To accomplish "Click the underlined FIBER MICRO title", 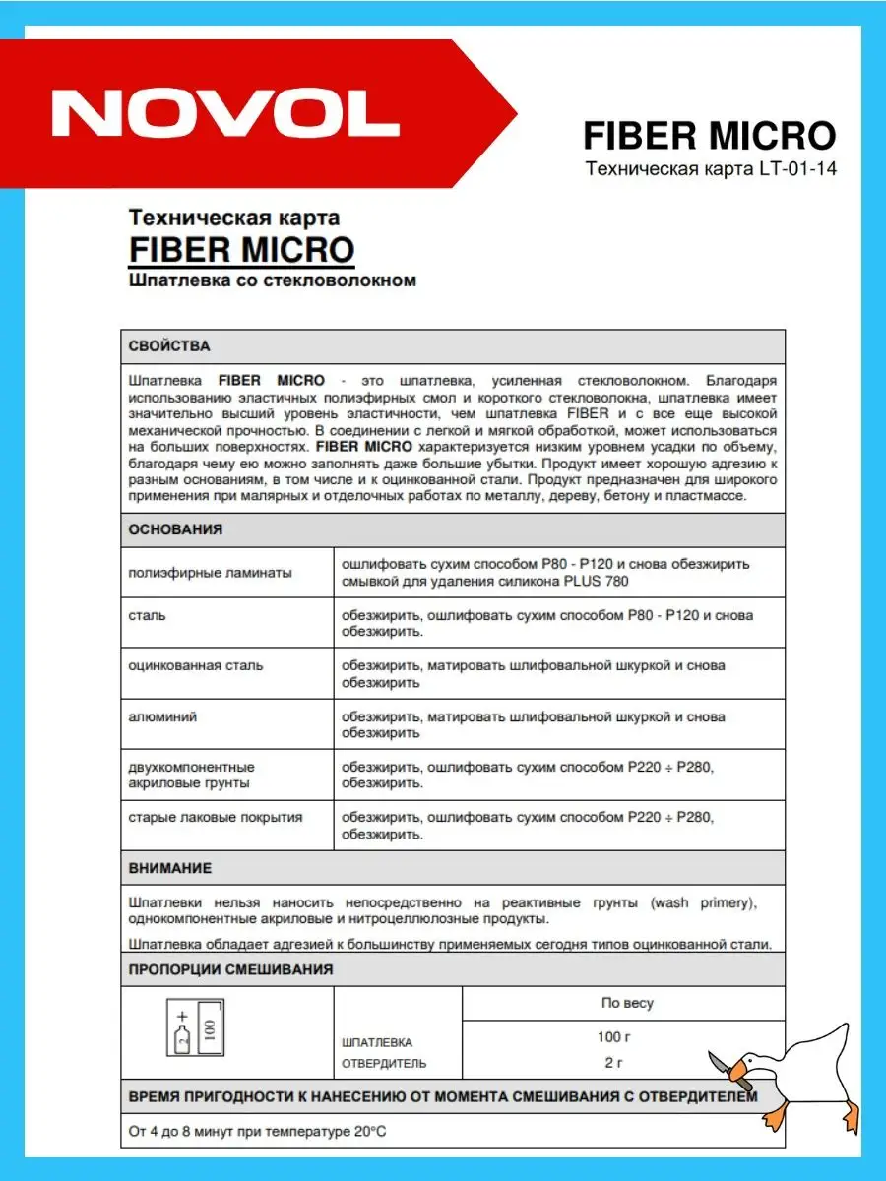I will tap(241, 249).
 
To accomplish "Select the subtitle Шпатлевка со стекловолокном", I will tap(273, 280).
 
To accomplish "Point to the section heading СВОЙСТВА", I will tap(169, 346).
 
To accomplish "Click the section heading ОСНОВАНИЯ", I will tap(175, 529).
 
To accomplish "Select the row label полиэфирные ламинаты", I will tap(210, 573).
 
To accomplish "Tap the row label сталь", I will tap(147, 615).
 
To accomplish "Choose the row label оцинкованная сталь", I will tap(196, 666).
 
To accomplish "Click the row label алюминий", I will tap(162, 717).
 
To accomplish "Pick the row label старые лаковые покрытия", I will tap(216, 818).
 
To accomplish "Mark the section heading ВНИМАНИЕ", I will tap(170, 869).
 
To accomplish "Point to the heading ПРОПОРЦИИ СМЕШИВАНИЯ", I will tap(230, 969).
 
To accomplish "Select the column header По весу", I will tap(627, 1004).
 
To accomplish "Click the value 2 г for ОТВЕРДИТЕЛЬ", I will tap(614, 1063).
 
